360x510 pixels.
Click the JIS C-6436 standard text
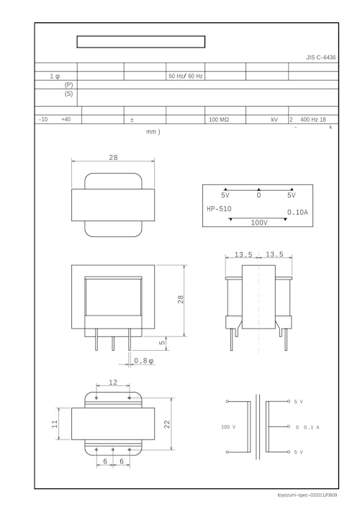point(320,57)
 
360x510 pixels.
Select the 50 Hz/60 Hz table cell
point(185,76)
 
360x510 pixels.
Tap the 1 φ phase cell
point(55,76)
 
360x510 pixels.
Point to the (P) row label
point(68,84)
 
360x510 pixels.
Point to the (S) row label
point(68,94)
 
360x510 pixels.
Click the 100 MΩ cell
point(218,120)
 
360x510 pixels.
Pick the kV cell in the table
point(274,120)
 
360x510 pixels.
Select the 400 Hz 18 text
point(312,120)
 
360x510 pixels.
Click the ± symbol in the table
point(132,120)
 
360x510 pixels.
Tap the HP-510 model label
point(219,209)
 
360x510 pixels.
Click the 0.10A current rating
point(297,212)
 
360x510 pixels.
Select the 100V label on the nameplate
point(258,223)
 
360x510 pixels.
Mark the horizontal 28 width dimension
point(113,157)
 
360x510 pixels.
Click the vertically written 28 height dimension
point(181,299)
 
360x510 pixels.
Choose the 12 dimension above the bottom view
point(113,382)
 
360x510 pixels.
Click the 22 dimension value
point(167,425)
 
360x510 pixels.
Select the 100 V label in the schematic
point(228,426)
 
